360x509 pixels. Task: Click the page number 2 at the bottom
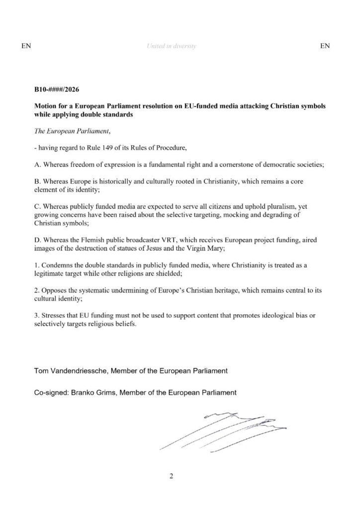click(172, 477)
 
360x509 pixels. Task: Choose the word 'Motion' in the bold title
click(46, 106)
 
